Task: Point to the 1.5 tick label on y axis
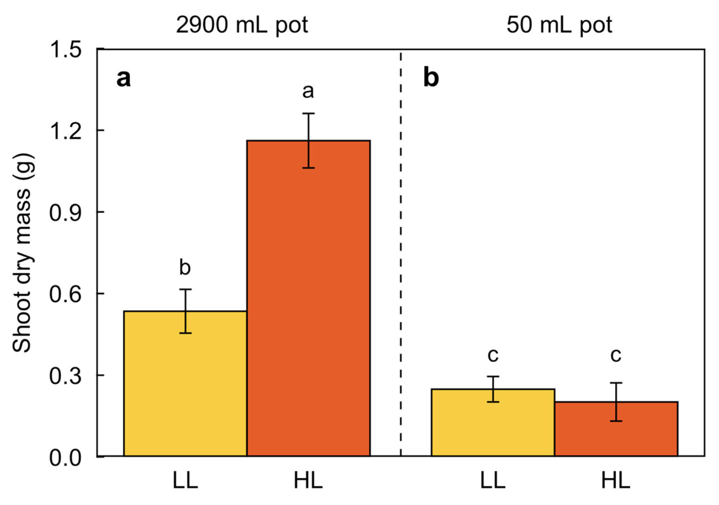pyautogui.click(x=65, y=50)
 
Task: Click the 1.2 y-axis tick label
pyautogui.click(x=65, y=131)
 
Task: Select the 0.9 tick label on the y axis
pyautogui.click(x=65, y=213)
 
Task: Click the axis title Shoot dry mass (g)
pyautogui.click(x=22, y=253)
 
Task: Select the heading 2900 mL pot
pyautogui.click(x=242, y=25)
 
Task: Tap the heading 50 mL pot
pyautogui.click(x=559, y=25)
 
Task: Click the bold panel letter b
pyautogui.click(x=431, y=78)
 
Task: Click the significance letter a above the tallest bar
pyautogui.click(x=308, y=91)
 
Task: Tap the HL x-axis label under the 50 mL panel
pyautogui.click(x=616, y=481)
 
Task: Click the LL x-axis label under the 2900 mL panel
pyautogui.click(x=185, y=481)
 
